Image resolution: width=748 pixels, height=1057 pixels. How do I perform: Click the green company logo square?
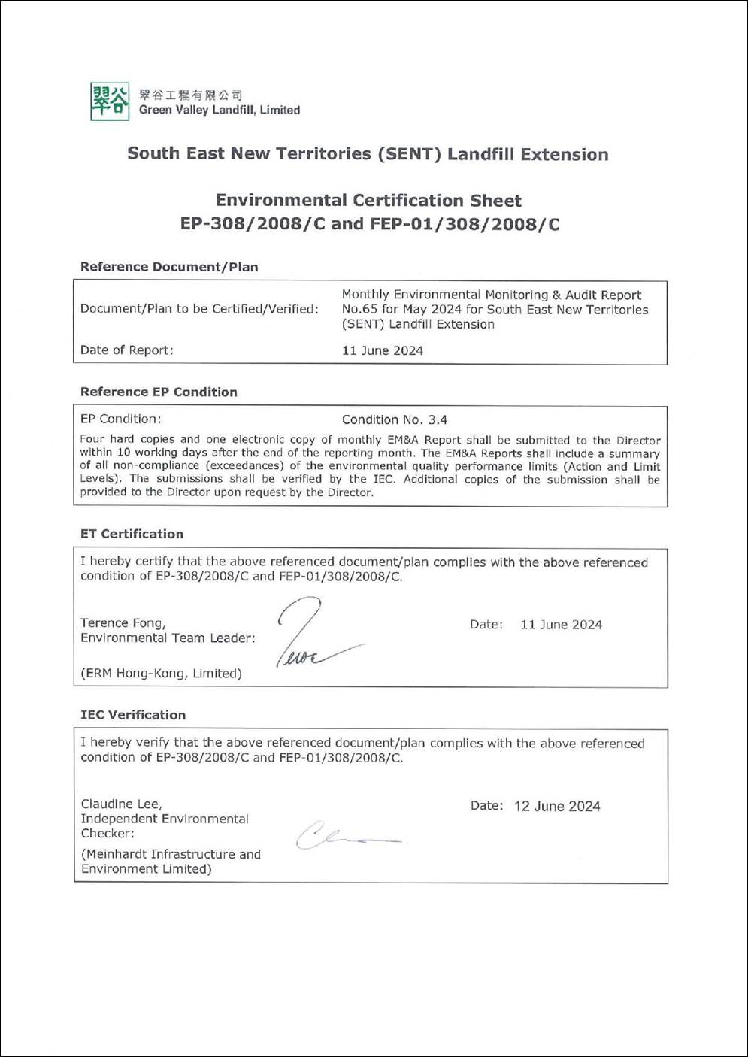pos(110,101)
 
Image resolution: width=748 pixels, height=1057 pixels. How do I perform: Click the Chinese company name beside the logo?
pos(190,95)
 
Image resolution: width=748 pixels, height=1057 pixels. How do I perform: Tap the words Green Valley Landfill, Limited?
pos(219,110)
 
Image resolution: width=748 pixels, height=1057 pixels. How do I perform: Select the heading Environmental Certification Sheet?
pos(368,201)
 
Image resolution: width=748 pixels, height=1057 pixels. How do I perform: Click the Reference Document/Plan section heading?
pos(169,267)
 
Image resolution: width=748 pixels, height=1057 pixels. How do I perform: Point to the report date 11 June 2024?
pos(382,350)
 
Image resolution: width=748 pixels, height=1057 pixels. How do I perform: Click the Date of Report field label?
pos(126,350)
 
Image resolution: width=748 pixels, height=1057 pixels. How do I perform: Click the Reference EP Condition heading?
pos(159,392)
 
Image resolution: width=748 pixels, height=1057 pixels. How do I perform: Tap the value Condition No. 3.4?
pos(395,419)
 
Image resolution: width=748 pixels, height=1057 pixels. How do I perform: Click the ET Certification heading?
pos(132,534)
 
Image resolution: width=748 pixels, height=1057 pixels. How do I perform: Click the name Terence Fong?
pos(121,622)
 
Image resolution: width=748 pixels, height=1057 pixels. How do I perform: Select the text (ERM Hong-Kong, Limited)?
pos(161,674)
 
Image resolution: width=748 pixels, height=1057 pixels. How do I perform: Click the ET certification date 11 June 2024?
pos(561,625)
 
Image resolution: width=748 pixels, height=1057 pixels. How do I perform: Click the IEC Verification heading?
pos(133,715)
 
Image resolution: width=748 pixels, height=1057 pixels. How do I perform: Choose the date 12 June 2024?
pos(557,807)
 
